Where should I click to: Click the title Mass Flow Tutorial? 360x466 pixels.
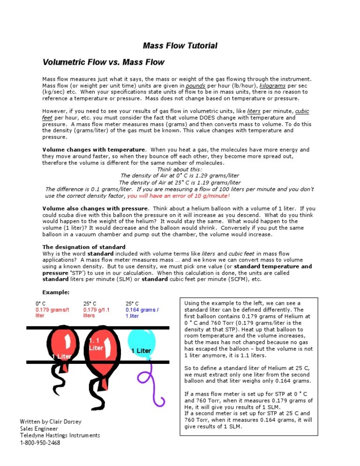click(180, 45)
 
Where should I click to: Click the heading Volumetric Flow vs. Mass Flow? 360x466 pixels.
click(103, 62)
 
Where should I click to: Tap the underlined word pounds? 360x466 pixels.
click(195, 86)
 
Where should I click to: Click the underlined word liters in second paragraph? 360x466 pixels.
click(254, 111)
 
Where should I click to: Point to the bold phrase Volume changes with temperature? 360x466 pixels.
click(94, 150)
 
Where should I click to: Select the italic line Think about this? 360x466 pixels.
click(180, 169)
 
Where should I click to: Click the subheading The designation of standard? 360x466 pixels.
click(84, 247)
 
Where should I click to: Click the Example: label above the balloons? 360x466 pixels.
click(56, 292)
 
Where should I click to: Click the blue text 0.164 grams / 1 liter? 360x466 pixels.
click(142, 312)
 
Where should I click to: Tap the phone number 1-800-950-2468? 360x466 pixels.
click(40, 443)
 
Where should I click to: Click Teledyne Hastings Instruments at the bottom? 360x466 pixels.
click(60, 436)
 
